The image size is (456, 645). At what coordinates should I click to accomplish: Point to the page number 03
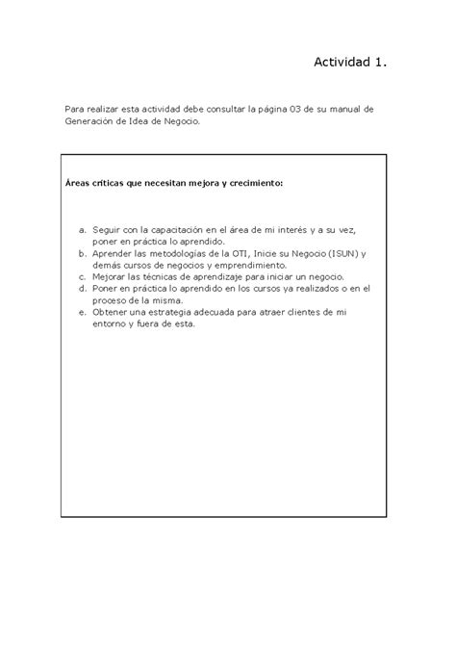[310, 110]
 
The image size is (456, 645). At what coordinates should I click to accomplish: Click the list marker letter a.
[85, 230]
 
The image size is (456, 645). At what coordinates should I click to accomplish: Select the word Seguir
[111, 230]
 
